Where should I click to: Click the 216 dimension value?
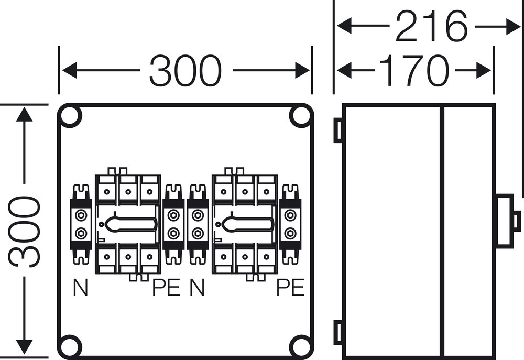click(431, 26)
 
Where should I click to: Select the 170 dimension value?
click(414, 70)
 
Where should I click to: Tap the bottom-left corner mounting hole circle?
click(70, 346)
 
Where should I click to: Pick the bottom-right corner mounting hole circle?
click(300, 346)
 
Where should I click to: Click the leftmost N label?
click(80, 288)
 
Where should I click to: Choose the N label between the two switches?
click(196, 288)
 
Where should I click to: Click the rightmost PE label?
click(290, 288)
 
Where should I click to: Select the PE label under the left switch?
click(166, 288)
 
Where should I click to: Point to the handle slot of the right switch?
click(247, 225)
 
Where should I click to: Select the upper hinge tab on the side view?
click(338, 130)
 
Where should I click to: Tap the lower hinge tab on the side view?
click(338, 333)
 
